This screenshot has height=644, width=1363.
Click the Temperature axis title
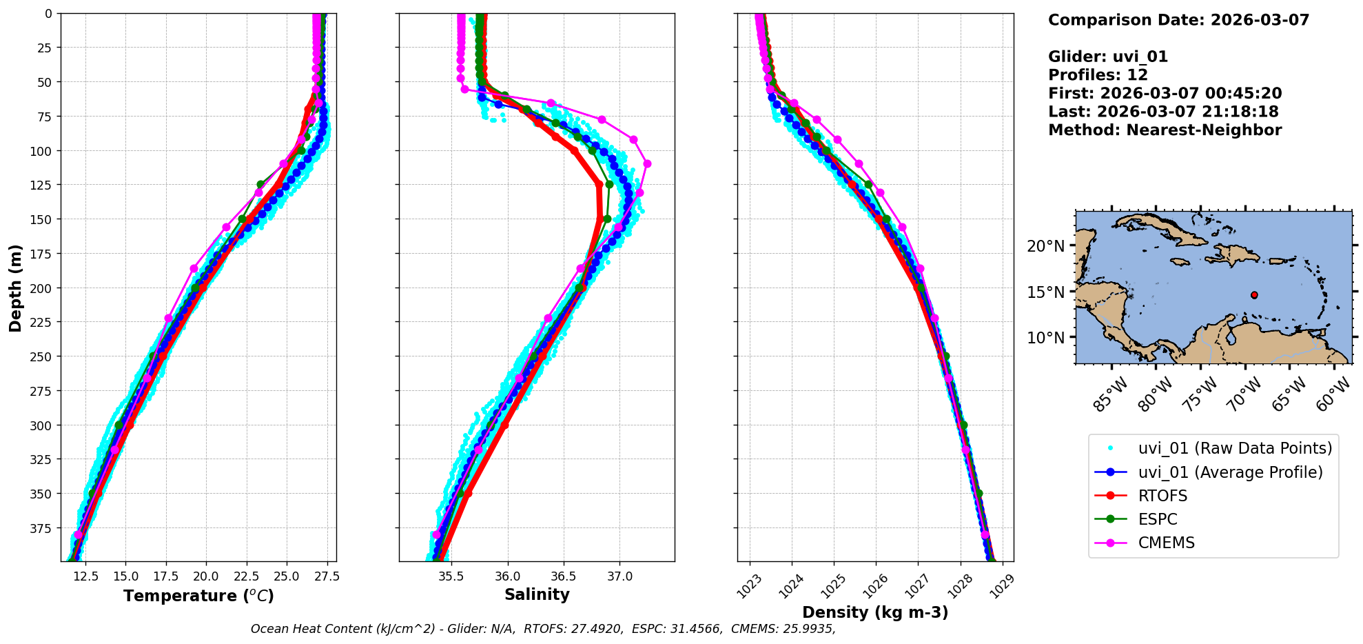click(x=198, y=596)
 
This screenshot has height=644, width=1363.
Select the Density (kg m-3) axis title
click(x=875, y=612)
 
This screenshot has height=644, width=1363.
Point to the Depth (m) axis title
click(x=15, y=288)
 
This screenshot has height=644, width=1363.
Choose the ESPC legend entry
click(x=1158, y=519)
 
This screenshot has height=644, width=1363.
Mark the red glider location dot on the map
click(x=1254, y=295)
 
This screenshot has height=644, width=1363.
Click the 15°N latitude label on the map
click(x=1046, y=292)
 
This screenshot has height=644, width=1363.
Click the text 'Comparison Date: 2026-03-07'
click(x=1178, y=20)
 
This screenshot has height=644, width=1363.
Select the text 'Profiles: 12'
click(x=1098, y=75)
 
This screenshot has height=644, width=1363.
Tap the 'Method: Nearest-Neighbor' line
click(x=1165, y=130)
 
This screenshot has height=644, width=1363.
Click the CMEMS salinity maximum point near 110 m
click(x=647, y=163)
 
